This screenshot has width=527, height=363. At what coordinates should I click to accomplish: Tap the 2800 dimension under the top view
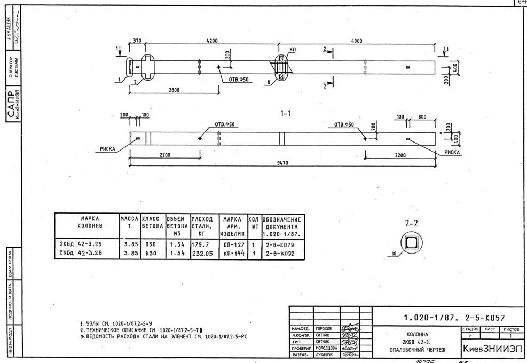(174, 90)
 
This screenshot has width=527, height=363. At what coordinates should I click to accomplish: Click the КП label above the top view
(293, 50)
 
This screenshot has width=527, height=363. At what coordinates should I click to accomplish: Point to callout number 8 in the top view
(267, 82)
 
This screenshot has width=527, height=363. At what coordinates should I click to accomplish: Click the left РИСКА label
(108, 150)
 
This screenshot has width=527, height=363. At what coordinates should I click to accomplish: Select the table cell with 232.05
(202, 254)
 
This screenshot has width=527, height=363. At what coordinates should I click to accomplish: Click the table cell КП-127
(233, 244)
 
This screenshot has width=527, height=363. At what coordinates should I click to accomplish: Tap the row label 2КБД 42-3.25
(80, 244)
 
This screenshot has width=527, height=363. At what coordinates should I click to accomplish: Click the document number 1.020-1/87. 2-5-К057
(454, 318)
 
